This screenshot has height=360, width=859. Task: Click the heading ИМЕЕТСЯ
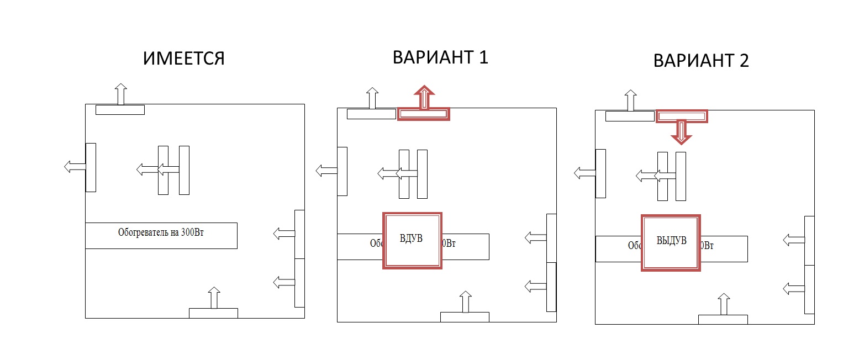(x=184, y=59)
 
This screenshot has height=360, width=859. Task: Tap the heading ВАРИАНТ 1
(x=440, y=57)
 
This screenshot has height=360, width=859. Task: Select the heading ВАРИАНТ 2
(x=700, y=60)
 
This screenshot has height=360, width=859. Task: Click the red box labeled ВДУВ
(x=412, y=240)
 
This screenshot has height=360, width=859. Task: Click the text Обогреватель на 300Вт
(x=161, y=233)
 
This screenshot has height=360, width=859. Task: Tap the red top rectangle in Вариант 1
(x=424, y=114)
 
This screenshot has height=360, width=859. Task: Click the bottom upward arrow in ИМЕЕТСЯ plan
(x=214, y=298)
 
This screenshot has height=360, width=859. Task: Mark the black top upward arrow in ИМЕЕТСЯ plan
(x=120, y=93)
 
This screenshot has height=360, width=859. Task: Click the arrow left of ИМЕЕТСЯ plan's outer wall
(x=74, y=166)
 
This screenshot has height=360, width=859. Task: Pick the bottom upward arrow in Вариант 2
(x=723, y=304)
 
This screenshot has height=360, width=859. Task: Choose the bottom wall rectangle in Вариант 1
(x=465, y=316)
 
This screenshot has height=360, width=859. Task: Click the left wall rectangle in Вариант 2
(x=600, y=173)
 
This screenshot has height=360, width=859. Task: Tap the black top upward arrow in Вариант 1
(x=372, y=98)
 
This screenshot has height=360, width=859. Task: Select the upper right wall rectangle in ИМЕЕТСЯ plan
(x=299, y=234)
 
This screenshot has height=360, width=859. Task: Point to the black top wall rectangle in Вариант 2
(x=630, y=116)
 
